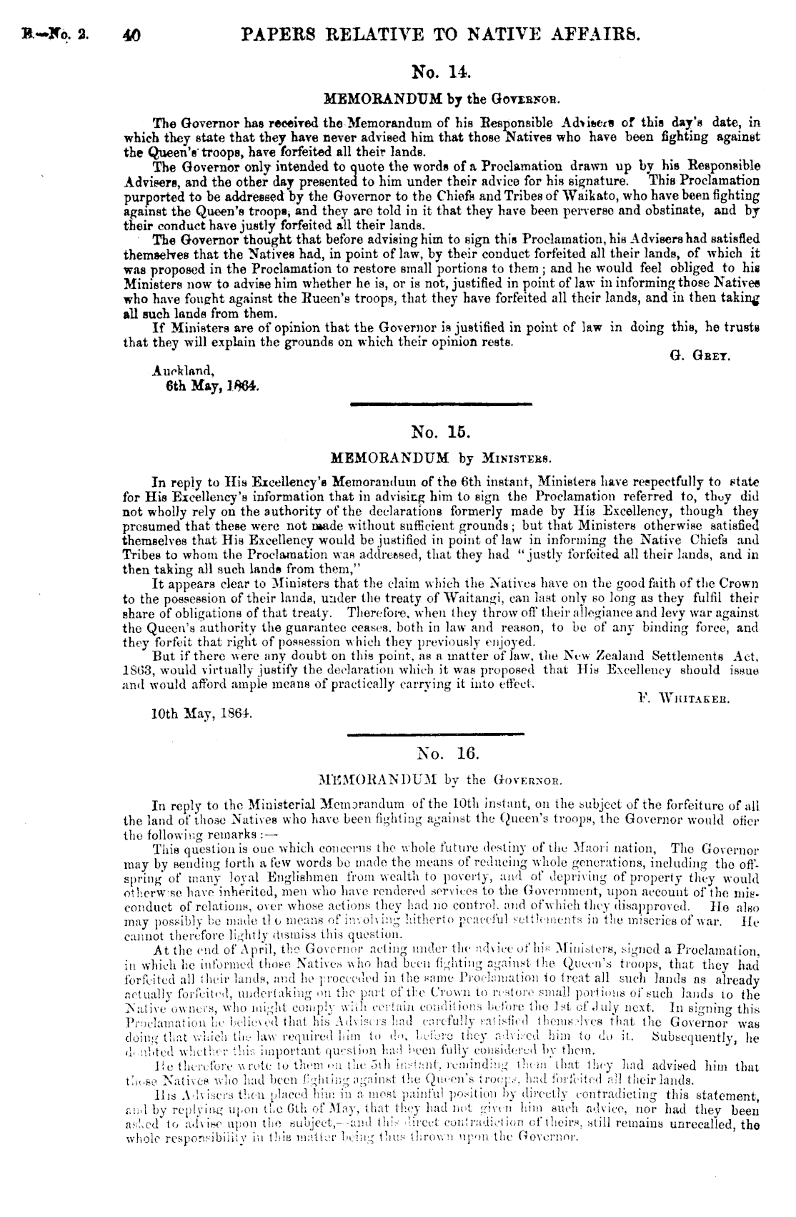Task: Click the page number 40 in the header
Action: [131, 34]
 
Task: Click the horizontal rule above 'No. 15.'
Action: [441, 405]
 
